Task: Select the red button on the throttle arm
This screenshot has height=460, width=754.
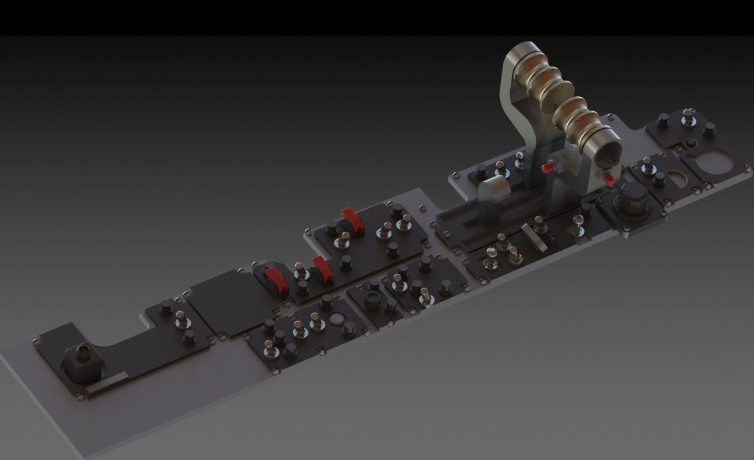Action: coord(547,168)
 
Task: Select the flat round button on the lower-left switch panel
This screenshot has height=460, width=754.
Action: coord(338,321)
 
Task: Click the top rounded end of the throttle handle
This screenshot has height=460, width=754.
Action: coord(522,56)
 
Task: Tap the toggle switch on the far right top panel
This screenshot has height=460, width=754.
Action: coord(687,118)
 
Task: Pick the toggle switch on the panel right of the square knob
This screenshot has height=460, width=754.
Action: coord(181,318)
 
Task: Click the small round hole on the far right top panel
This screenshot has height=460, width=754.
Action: coord(689,142)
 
